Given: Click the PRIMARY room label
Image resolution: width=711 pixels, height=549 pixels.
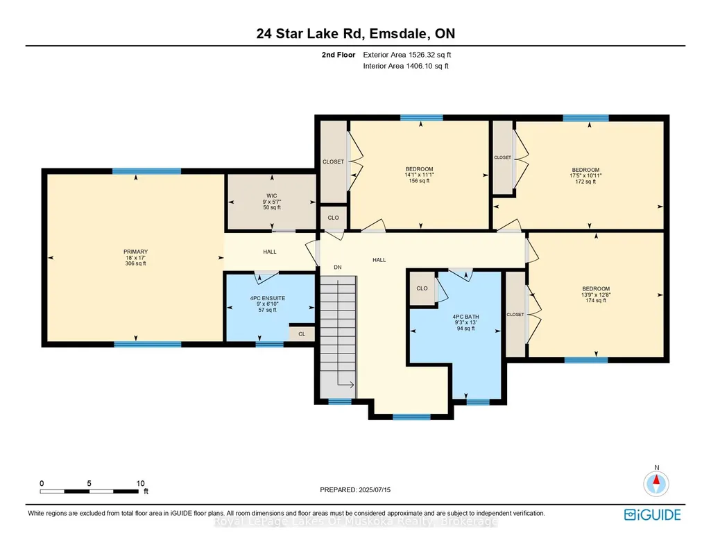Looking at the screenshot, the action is [135, 252].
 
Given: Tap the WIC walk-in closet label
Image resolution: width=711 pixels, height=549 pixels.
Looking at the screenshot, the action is [272, 196].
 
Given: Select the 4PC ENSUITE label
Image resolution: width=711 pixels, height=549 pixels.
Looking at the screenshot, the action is [268, 299].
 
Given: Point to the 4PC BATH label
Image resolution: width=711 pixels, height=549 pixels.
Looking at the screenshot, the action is [465, 317].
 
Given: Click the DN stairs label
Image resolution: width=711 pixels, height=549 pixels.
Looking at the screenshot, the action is [338, 268].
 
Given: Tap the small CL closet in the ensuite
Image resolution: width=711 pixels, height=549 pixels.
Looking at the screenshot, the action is [302, 334].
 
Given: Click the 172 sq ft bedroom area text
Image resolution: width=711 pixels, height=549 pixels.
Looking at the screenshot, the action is [585, 182].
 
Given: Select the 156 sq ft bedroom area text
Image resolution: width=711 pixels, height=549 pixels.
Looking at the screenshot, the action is [420, 181].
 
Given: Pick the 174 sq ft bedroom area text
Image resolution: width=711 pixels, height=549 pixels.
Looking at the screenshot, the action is [596, 300].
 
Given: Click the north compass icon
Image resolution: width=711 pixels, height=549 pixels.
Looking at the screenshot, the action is [656, 483].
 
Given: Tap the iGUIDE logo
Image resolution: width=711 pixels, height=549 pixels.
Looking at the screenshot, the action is [653, 515].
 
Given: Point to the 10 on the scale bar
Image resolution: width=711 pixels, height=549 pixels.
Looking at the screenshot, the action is [141, 483].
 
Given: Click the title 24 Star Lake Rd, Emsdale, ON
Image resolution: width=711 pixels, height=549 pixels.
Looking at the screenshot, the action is [356, 33].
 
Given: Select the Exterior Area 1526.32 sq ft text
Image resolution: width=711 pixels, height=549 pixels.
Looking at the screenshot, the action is [407, 55].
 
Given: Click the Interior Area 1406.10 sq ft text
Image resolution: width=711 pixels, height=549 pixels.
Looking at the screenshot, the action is [406, 66].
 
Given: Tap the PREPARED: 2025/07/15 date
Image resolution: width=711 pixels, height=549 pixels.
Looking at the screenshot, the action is [355, 489].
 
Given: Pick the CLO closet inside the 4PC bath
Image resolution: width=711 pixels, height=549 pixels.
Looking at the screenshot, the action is [422, 288].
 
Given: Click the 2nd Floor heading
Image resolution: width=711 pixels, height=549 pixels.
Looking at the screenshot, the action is [339, 55].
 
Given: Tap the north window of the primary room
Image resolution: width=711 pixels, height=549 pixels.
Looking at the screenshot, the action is [146, 171].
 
